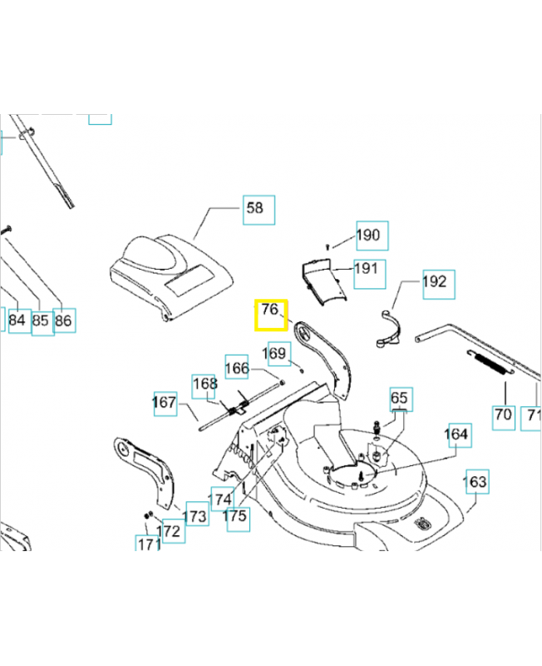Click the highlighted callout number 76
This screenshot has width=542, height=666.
(270, 315)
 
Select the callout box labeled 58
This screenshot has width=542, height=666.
(259, 208)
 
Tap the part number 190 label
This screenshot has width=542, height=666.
(370, 236)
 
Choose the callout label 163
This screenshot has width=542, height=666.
(476, 482)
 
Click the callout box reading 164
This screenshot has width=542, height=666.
(456, 434)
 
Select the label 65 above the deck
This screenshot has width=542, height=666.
(400, 399)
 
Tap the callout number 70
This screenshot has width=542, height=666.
(503, 415)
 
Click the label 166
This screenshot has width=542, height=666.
(238, 367)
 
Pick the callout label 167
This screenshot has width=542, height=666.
(165, 403)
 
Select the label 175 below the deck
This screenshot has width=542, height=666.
(235, 516)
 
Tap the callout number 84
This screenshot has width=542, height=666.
(17, 320)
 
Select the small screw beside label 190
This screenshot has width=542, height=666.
(329, 245)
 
